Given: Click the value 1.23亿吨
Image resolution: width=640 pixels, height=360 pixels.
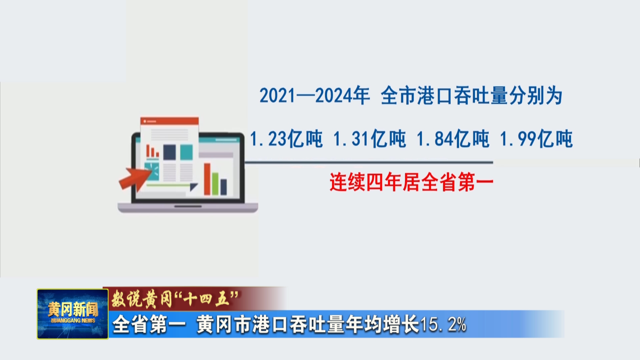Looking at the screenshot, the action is point(286,139).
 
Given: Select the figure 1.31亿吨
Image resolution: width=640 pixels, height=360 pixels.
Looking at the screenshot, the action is point(369,139).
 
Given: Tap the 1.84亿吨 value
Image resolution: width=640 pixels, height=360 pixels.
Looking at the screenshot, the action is point(453,139).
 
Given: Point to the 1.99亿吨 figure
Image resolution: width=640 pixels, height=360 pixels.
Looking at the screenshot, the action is point(536,139).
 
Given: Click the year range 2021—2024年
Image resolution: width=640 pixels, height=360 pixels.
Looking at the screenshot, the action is point(315,96).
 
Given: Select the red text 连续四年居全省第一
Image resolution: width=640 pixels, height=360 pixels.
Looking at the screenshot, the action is point(411,182).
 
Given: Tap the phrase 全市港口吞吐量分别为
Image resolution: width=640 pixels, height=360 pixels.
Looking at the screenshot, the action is point(472,96).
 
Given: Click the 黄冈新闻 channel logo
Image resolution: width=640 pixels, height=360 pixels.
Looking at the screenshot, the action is point(73,314).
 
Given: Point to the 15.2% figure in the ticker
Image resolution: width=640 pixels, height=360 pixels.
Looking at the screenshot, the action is point(443,324).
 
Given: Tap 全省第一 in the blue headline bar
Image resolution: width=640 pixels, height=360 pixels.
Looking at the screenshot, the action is point(149,324).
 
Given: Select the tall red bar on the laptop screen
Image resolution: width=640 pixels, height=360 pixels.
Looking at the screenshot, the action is point(207,179).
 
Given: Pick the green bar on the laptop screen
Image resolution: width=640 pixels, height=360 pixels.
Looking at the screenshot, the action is point(215,184).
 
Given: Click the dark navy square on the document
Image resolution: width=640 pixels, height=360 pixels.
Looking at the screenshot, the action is point(169,152).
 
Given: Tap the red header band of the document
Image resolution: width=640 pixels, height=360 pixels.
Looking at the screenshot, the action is point(169,120).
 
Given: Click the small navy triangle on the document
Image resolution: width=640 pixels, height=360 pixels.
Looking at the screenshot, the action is point(193,187).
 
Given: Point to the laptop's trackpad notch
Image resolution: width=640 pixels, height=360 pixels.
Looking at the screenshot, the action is point(188,207).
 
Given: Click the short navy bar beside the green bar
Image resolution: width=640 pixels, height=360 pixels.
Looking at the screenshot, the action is point(223,187).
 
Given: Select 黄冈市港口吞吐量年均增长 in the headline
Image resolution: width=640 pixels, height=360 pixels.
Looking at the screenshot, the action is point(308,324).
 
